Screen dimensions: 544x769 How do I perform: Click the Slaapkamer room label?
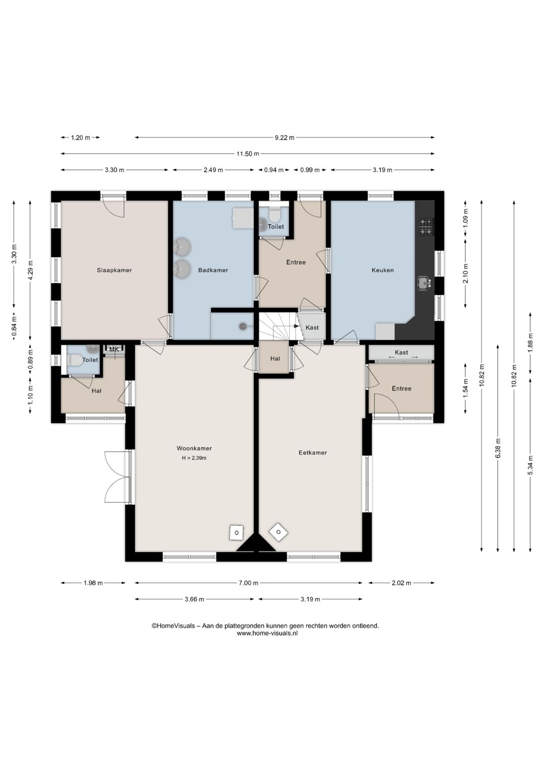click(114, 270)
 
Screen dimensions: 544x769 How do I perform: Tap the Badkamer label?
click(213, 270)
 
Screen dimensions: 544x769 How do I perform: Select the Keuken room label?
click(383, 270)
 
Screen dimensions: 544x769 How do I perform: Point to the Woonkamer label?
click(194, 448)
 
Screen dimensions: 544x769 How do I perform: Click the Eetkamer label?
click(313, 453)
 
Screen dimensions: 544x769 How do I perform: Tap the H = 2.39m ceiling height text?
click(194, 458)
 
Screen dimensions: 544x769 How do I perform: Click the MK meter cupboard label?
click(114, 350)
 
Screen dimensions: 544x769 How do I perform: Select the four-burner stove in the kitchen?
click(426, 227)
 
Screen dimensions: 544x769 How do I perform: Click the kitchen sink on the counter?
click(425, 283)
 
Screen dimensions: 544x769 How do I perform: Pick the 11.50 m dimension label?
click(248, 154)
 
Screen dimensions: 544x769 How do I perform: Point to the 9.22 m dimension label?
click(285, 138)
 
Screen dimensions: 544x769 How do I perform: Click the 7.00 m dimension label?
click(248, 583)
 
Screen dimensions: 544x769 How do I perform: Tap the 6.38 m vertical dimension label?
click(498, 448)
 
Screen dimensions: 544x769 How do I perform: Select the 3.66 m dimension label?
click(194, 599)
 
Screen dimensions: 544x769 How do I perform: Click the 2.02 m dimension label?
click(401, 583)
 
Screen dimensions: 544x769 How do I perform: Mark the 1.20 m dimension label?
click(80, 138)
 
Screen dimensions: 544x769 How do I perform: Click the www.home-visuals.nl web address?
click(267, 633)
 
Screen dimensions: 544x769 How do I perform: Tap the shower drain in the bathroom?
click(243, 326)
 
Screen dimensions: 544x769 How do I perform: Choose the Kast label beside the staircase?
click(312, 328)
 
